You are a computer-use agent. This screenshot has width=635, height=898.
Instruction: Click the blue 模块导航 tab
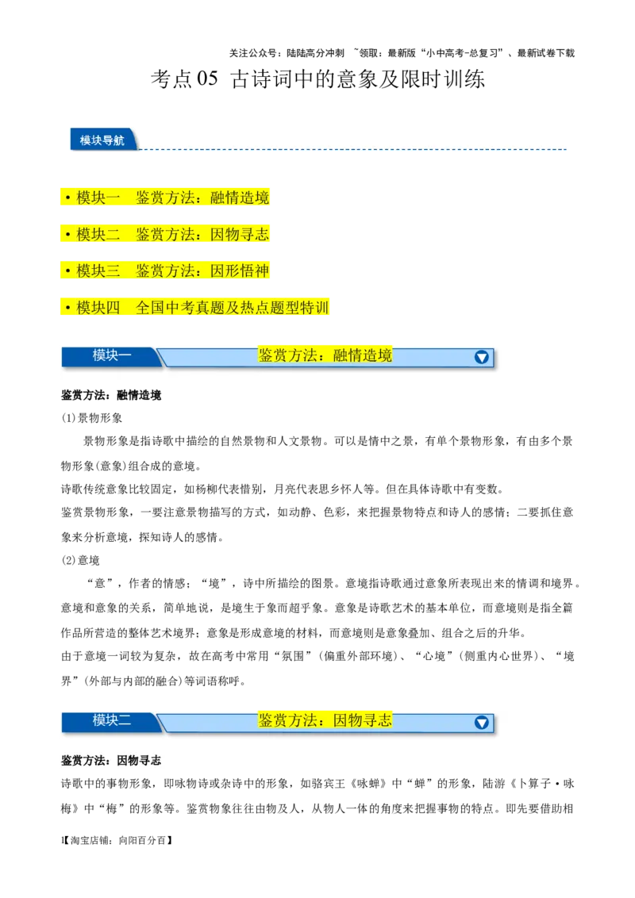(x=102, y=140)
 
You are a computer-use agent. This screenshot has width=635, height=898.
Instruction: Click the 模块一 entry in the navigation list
(x=98, y=198)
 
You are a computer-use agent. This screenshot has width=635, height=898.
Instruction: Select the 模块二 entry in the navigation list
(x=98, y=234)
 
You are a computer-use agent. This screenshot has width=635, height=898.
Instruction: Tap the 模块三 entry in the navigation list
(x=98, y=271)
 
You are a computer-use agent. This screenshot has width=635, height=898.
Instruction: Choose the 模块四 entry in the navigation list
(x=98, y=307)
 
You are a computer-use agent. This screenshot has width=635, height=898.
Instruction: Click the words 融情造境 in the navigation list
(x=240, y=198)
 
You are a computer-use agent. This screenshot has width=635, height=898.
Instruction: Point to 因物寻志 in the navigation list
(x=240, y=234)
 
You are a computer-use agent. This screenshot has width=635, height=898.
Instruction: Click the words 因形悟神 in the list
(x=240, y=271)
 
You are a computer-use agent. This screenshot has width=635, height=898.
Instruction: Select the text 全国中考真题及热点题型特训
(x=232, y=307)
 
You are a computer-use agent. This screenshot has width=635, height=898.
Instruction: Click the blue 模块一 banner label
(x=111, y=355)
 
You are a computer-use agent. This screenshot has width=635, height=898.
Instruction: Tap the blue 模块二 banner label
(x=111, y=720)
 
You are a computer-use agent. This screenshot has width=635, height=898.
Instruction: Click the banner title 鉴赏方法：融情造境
(x=325, y=355)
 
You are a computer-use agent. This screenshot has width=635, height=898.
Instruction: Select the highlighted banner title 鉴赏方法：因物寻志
(x=325, y=720)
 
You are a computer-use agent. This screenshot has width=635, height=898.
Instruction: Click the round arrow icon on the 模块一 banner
(x=481, y=357)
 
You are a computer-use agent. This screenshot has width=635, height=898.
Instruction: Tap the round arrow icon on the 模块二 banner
(x=481, y=722)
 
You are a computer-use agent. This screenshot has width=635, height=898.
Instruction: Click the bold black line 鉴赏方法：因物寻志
(x=111, y=761)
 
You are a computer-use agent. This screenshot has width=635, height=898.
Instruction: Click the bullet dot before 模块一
(x=68, y=198)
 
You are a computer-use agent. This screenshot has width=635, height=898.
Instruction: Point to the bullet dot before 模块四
(x=68, y=308)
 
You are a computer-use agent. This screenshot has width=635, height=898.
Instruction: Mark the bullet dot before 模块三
(x=68, y=271)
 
